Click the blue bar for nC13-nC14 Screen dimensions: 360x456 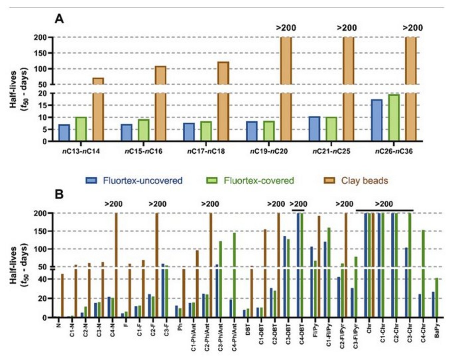64,133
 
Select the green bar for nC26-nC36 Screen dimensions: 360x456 394,118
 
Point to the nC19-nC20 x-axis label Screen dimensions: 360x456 269,152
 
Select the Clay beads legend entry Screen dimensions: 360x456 356,181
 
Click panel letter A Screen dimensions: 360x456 59,19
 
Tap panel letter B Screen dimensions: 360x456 59,194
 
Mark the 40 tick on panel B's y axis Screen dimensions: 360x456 43,280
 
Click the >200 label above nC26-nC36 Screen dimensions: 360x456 413,28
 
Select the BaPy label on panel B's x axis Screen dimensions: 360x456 436,329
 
